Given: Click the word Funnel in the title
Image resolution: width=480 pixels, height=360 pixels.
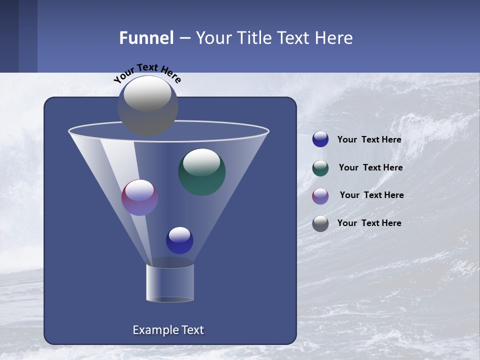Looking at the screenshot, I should coord(146,38).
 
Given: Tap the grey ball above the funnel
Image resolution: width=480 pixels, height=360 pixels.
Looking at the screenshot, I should coord(147,106).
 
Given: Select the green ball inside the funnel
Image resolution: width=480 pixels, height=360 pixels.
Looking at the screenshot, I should coord(201,172).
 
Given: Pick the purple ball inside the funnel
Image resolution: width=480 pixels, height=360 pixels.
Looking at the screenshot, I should coord(139,197).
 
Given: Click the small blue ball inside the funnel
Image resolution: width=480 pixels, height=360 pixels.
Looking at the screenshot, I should coord(179,240).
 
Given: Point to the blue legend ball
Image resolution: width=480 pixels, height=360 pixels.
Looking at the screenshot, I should coord(320,139).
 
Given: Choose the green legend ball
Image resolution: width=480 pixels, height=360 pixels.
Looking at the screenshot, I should coord(320,168).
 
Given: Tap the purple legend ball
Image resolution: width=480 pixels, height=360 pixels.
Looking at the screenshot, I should coord(320,196).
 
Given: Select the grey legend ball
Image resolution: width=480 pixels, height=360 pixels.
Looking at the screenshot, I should coord(320,223).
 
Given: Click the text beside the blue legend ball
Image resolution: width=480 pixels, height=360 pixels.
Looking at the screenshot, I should coord(369,140).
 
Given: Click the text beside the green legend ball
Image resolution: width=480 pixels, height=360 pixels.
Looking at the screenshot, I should coord(370,167).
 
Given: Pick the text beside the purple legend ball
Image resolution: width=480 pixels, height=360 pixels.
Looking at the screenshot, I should coord(371,195).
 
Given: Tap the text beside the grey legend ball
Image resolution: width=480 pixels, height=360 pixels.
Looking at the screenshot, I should coord(369,223).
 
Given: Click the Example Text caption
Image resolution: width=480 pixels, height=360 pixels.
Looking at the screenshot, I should coord(168,330).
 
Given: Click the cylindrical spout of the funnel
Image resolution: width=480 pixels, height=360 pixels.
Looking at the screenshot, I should coord(169,282).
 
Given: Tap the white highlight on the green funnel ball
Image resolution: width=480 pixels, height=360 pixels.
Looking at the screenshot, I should coord(201,161).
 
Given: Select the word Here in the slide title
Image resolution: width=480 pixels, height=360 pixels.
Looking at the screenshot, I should coord(333,38).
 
